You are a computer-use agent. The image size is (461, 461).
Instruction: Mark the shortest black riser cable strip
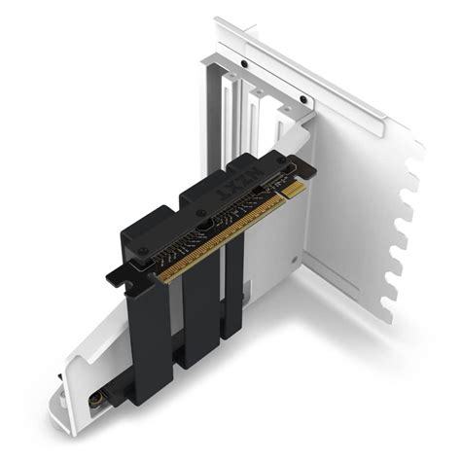pyautogui.click(x=233, y=282)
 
